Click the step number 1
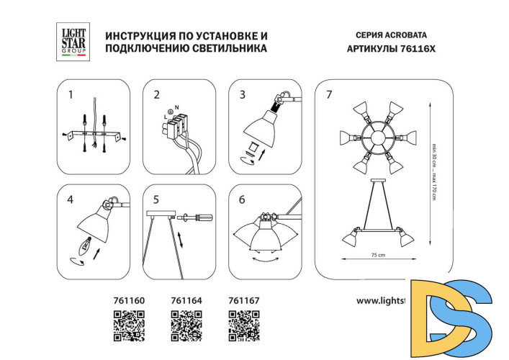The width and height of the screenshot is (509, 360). [71, 94]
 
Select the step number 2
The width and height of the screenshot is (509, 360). [156, 94]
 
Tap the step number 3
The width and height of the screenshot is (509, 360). [242, 94]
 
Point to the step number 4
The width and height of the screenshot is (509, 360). [71, 199]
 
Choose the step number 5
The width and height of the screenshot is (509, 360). [156, 199]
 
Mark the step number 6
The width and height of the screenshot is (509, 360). [242, 199]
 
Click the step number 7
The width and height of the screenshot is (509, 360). [330, 94]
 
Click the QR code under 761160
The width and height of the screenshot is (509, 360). [130, 325]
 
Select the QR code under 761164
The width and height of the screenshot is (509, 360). [186, 325]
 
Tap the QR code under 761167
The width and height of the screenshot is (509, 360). [243, 325]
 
